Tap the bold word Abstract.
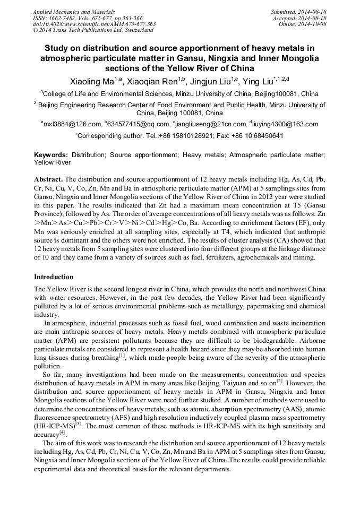[48, 179]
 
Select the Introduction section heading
[54, 277]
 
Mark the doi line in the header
[94, 24]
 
